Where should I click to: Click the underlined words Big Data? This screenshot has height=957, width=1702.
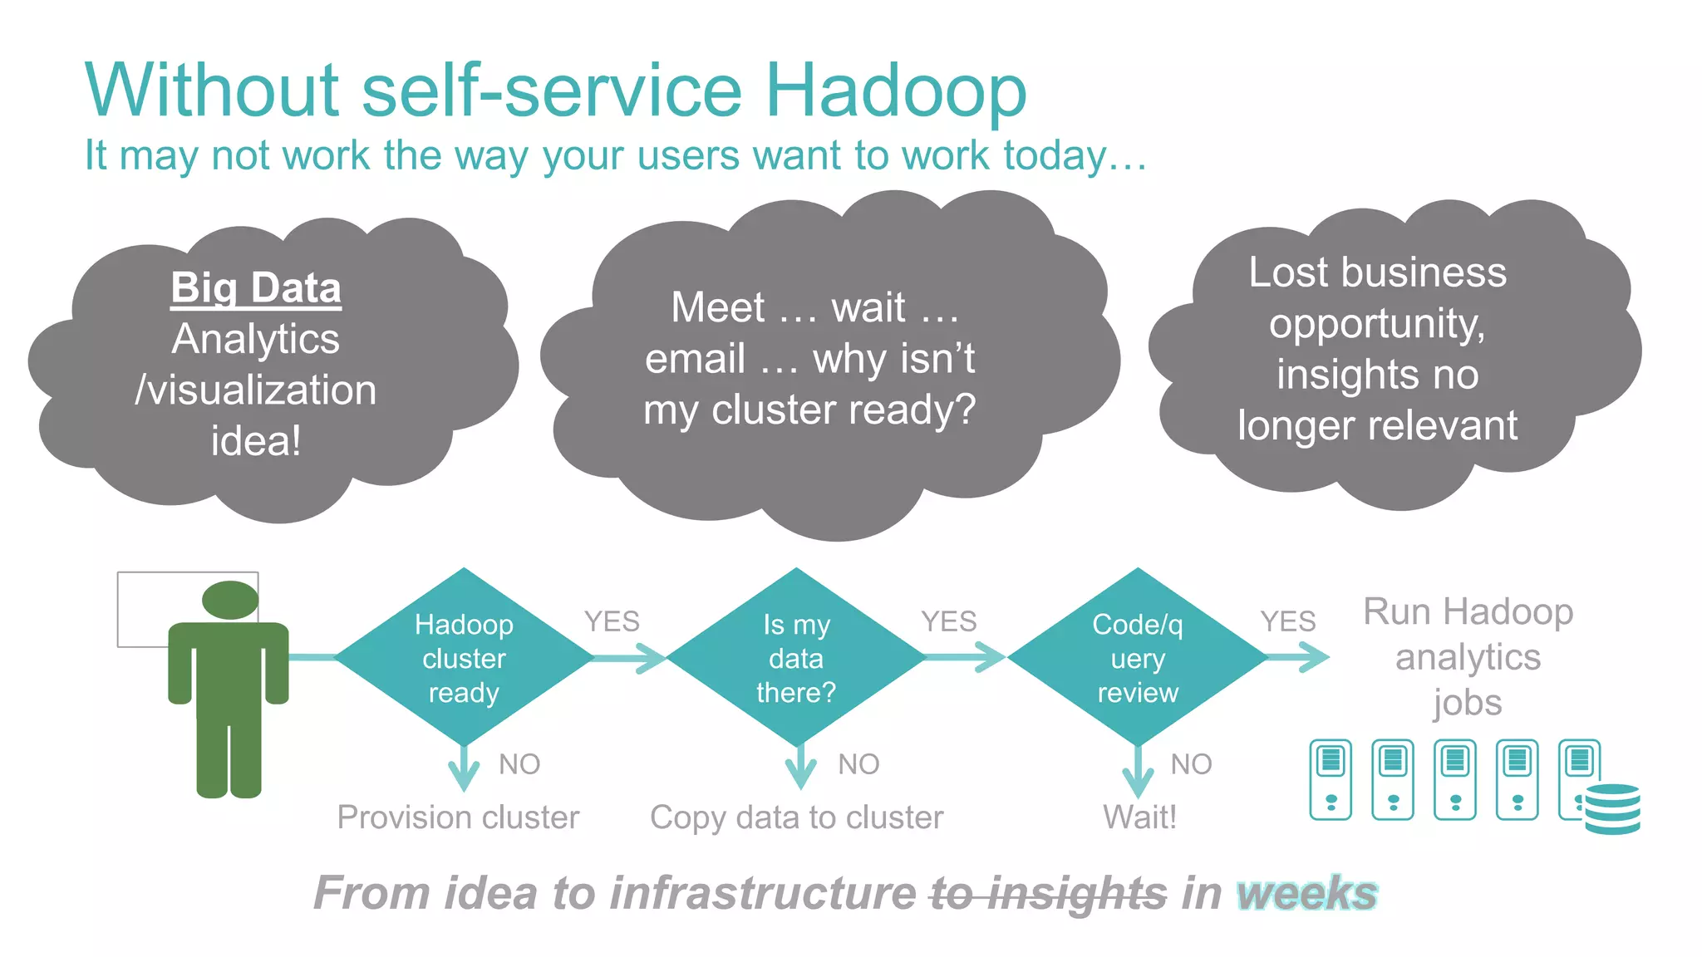click(256, 288)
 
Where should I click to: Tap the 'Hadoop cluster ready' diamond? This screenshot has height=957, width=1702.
click(464, 657)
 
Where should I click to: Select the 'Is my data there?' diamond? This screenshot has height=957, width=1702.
click(796, 657)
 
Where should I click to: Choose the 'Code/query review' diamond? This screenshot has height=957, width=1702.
click(1137, 657)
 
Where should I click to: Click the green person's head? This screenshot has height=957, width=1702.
click(230, 600)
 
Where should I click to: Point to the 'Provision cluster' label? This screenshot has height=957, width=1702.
click(458, 817)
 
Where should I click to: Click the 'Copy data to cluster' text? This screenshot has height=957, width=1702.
click(796, 817)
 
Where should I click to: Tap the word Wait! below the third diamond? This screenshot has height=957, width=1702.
click(1139, 817)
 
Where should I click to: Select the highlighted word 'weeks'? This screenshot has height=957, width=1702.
click(1306, 894)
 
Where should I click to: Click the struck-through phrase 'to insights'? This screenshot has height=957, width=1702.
click(1049, 894)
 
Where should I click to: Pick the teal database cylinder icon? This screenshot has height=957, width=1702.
click(1612, 808)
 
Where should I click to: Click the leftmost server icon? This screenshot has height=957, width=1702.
click(1331, 779)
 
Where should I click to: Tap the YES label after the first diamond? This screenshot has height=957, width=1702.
click(612, 621)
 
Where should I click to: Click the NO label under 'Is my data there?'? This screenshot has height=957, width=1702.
click(858, 764)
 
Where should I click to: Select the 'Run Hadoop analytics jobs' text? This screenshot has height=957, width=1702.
click(1468, 657)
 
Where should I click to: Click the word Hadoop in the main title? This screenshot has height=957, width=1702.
click(895, 90)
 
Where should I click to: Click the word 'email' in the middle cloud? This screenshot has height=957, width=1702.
click(695, 359)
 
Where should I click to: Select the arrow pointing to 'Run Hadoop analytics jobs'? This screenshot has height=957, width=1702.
click(1300, 657)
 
